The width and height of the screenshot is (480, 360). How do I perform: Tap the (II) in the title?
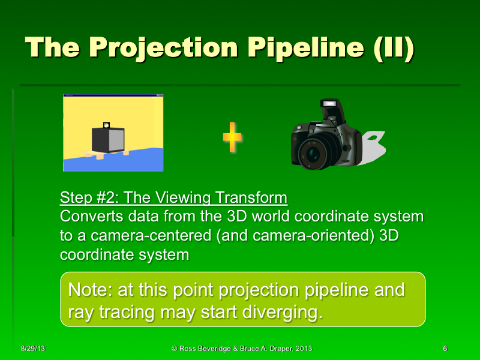click(x=393, y=49)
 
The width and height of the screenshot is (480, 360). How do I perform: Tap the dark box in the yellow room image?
click(x=107, y=139)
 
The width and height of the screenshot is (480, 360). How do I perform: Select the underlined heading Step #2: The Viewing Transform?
click(x=173, y=198)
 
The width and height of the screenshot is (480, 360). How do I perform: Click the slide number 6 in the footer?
click(x=445, y=349)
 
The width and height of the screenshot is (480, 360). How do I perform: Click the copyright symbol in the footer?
click(x=174, y=349)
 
